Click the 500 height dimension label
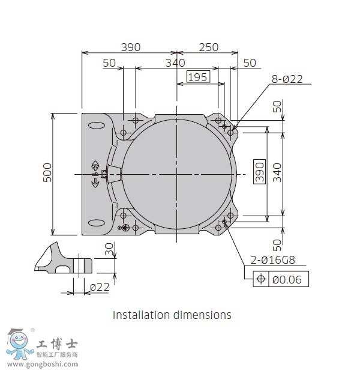point(47,172)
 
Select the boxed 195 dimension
point(198,77)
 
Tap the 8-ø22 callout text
point(287,79)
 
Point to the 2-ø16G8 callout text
point(272,260)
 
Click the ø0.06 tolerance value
point(287,280)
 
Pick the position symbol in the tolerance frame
point(261,279)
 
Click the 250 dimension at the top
point(209,47)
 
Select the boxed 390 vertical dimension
point(259,171)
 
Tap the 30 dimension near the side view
point(109,249)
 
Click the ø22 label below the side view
point(100,287)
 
